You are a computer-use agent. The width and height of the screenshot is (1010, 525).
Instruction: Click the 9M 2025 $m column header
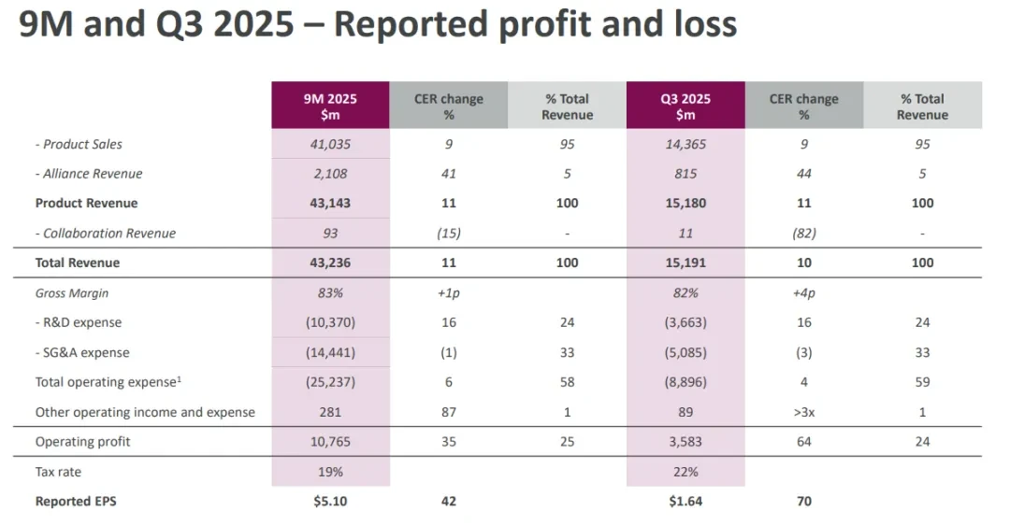pos(330,106)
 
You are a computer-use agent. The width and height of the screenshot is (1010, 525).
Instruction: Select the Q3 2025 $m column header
pos(685,106)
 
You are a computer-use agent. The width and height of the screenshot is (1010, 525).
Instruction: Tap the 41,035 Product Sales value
pos(330,144)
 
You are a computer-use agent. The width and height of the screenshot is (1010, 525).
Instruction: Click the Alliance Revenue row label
pos(89,174)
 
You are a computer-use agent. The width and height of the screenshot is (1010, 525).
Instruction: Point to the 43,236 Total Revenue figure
pos(330,262)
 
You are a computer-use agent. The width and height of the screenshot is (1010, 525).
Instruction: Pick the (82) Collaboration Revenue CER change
pos(804,233)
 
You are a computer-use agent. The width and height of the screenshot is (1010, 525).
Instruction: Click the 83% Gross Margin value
pos(330,292)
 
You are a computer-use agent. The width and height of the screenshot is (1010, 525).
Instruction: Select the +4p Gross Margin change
pos(804,293)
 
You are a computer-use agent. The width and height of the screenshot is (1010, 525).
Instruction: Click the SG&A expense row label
pos(82,352)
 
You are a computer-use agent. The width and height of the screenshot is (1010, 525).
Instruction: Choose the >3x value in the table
pos(804,412)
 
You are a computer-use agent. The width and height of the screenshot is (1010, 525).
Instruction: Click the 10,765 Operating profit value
pos(330,441)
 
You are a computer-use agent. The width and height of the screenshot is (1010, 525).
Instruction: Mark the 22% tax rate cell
pos(685,472)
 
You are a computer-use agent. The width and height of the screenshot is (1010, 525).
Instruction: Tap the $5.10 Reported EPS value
pos(330,502)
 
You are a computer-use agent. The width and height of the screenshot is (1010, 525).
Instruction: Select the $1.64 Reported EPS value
pos(685,502)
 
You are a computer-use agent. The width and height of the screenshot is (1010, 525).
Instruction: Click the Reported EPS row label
pos(76,502)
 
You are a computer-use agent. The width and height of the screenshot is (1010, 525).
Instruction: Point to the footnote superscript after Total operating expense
pos(179,379)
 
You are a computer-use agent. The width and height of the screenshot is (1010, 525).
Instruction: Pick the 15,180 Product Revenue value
pos(685,204)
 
